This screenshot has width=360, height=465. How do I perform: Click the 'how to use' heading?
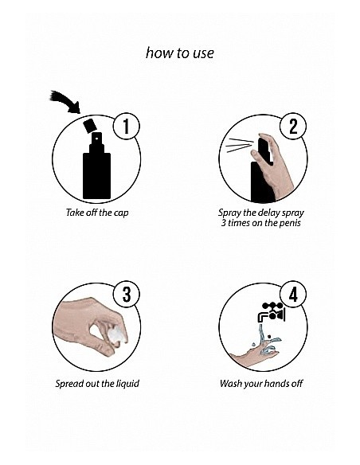[x=180, y=53]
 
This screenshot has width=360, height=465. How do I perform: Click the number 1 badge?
[x=127, y=126]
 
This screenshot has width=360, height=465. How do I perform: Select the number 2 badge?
[x=293, y=126]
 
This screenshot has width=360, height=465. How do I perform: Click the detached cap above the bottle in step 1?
[x=89, y=126]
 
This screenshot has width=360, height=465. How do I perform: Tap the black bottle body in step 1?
[x=96, y=175]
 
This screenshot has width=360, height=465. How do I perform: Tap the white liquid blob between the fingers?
[x=116, y=335]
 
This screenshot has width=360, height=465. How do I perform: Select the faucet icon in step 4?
[x=271, y=312]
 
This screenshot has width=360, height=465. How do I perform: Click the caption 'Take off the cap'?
[x=97, y=213]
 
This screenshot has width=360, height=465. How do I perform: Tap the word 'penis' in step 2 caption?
[x=290, y=223]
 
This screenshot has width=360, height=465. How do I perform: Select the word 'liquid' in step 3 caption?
[x=127, y=384]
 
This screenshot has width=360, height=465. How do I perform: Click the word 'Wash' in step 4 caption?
[x=229, y=383]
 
